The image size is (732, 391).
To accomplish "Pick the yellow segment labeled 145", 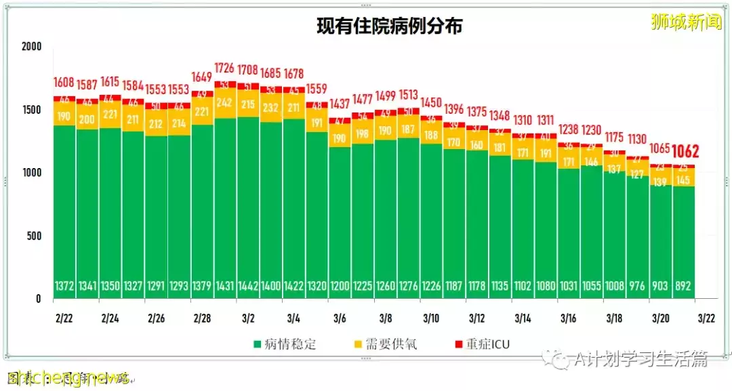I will pyautogui.click(x=683, y=180).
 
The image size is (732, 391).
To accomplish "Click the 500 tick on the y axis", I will pyautogui.click(x=34, y=236).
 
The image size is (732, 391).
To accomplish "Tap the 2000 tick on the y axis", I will pyautogui.click(x=31, y=47).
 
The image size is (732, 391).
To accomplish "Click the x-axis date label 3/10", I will pyautogui.click(x=431, y=318).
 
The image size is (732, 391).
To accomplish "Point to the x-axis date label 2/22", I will pyautogui.click(x=65, y=318).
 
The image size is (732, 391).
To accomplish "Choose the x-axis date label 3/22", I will pyautogui.click(x=706, y=318).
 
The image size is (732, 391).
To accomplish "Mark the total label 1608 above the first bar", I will pyautogui.click(x=65, y=83).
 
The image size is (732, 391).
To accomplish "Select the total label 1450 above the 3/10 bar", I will pyautogui.click(x=431, y=102).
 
